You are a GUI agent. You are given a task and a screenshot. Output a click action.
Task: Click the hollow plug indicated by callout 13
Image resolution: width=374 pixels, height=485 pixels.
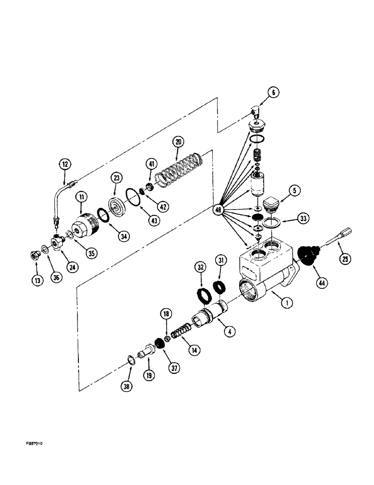tap(36, 255)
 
